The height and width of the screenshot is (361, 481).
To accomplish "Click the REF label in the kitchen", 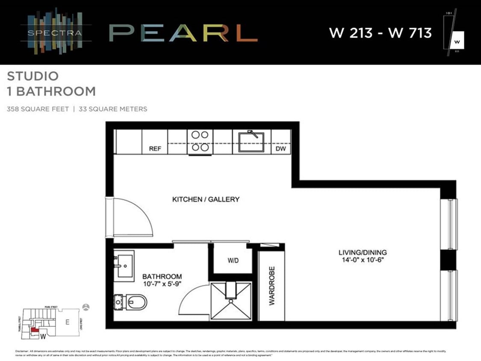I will click(x=155, y=149).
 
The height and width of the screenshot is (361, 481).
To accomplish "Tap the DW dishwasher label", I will click(x=281, y=149).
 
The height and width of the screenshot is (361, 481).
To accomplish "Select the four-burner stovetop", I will click(x=200, y=141).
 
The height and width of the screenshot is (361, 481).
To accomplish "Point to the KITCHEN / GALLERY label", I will click(x=206, y=199).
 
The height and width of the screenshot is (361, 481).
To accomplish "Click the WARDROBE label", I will click(x=271, y=286).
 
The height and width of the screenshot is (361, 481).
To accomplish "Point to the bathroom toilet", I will click(x=133, y=302).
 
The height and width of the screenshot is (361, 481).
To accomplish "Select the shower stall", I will click(x=231, y=300).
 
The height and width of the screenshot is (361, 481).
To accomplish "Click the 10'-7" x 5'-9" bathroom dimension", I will click(x=162, y=284).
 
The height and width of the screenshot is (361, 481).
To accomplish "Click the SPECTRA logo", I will click(x=56, y=32).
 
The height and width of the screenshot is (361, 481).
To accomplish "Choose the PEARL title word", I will click(x=183, y=33).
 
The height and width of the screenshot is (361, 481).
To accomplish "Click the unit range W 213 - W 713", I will click(x=380, y=33).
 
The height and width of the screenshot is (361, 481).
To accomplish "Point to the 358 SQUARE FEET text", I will click(x=38, y=109).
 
